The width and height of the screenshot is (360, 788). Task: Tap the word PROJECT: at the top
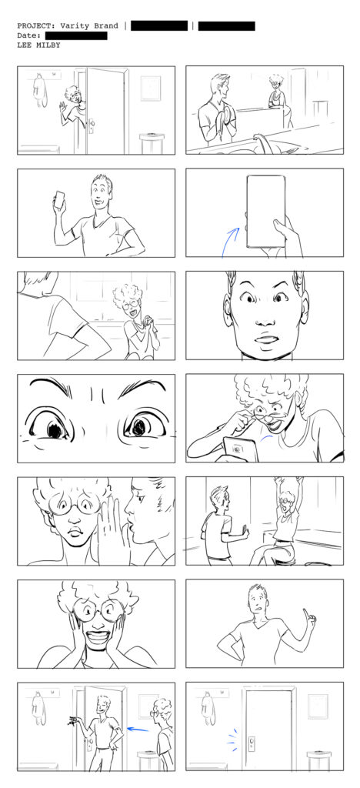pyautogui.click(x=36, y=25)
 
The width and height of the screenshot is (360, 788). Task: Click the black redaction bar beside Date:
pyautogui.click(x=76, y=35)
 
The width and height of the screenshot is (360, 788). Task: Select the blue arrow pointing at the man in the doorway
pyautogui.click(x=138, y=729)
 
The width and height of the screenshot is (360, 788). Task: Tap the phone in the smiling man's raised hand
pyautogui.click(x=60, y=199)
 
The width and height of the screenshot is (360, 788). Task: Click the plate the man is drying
pyautogui.click(x=228, y=115)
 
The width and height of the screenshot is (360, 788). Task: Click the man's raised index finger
pyautogui.click(x=306, y=615)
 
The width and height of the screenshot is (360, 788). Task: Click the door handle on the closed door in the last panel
pyautogui.click(x=252, y=743)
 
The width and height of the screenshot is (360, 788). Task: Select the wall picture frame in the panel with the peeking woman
pyautogui.click(x=150, y=88)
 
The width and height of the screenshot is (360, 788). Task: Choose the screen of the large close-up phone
pyautogui.click(x=265, y=211)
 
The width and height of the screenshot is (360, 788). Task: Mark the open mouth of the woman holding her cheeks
pyautogui.click(x=98, y=636)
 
